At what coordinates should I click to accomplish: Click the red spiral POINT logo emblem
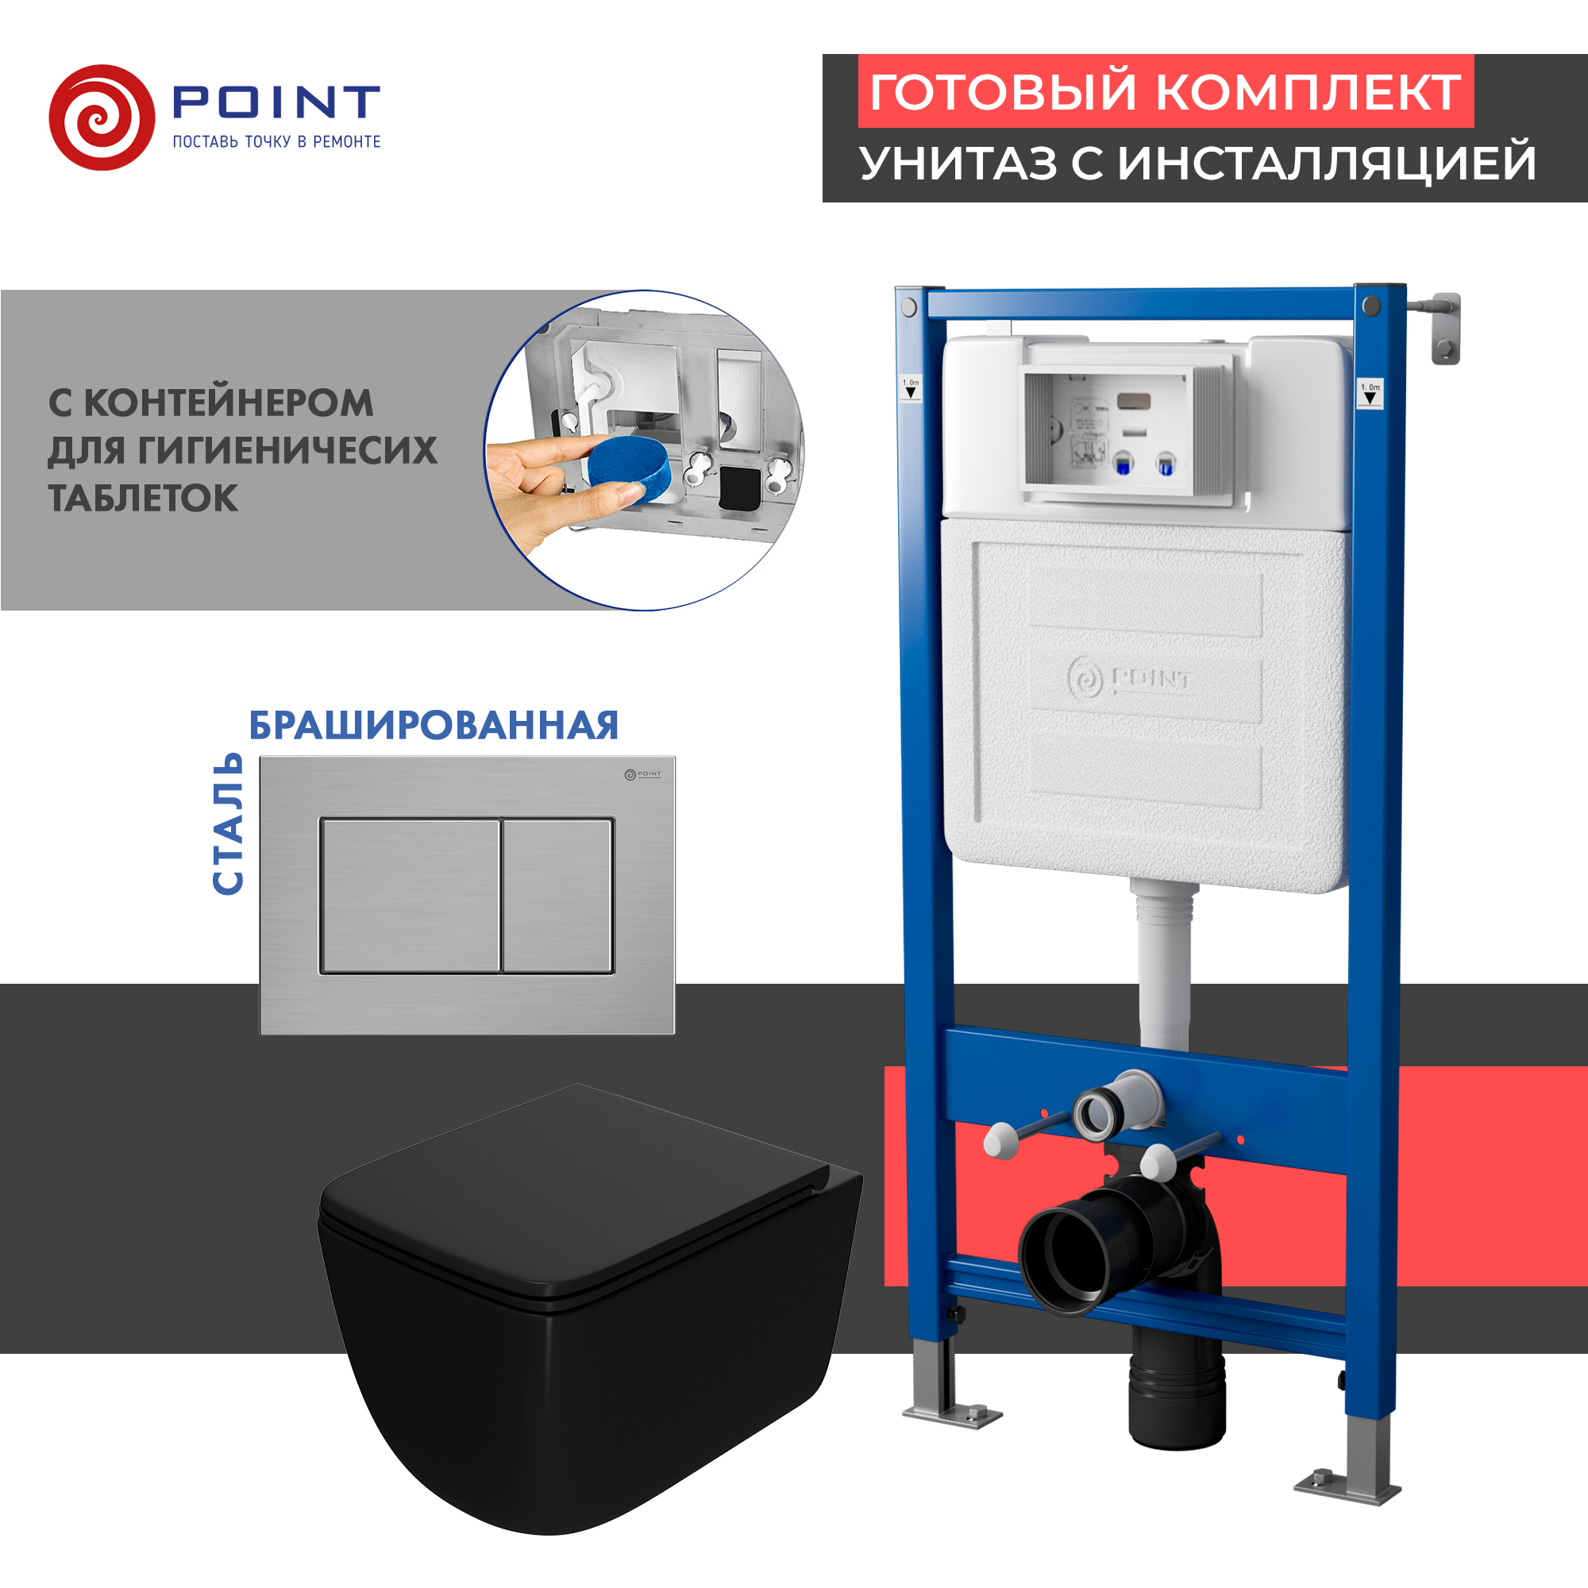click(102, 118)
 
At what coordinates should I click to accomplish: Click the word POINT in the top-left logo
click(276, 101)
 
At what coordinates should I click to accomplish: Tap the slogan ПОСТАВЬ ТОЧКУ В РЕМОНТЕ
click(276, 142)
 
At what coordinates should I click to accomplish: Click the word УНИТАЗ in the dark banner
click(958, 163)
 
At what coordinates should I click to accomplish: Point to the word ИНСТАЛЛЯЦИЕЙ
click(1327, 163)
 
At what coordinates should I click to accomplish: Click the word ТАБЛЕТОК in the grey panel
click(143, 499)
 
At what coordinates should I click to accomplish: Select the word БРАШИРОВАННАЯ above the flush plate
click(434, 726)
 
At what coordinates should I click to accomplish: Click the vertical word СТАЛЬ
click(228, 823)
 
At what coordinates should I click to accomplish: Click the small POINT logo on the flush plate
click(642, 774)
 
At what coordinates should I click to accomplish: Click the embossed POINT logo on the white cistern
click(1128, 680)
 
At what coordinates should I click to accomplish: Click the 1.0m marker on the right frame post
click(1370, 394)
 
